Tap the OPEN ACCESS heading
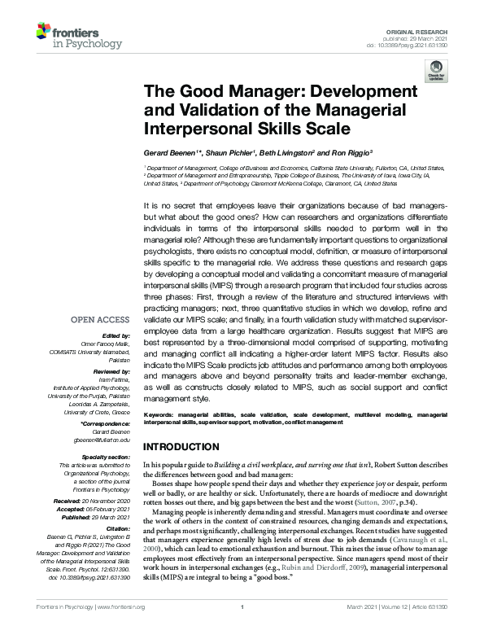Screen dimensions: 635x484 point(105,319)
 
